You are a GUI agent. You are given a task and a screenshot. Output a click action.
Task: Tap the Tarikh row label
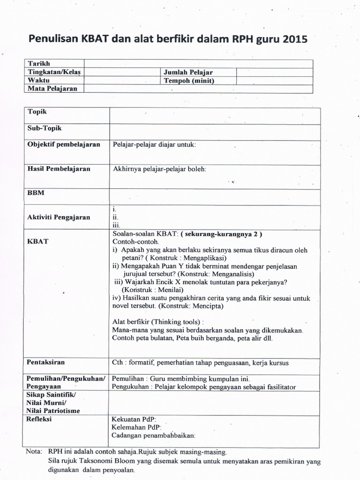[x=39, y=64]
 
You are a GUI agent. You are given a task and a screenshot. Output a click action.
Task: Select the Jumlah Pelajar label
[x=188, y=72]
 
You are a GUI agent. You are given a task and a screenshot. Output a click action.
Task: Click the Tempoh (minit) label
[x=188, y=80]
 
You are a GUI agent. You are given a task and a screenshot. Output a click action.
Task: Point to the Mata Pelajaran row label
[x=52, y=88]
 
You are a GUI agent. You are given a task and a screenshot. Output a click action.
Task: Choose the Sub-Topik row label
[x=45, y=128]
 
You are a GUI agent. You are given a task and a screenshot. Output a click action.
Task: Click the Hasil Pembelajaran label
[x=59, y=169]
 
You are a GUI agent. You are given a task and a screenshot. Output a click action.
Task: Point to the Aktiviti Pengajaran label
[x=59, y=217]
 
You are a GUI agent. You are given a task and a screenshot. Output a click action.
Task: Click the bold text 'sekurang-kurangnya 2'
[x=222, y=233]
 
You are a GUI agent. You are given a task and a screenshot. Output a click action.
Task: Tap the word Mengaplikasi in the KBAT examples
[x=205, y=258]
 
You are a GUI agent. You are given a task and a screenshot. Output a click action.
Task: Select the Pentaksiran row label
[x=46, y=362]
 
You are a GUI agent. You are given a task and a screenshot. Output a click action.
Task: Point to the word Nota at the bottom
[x=33, y=453]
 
